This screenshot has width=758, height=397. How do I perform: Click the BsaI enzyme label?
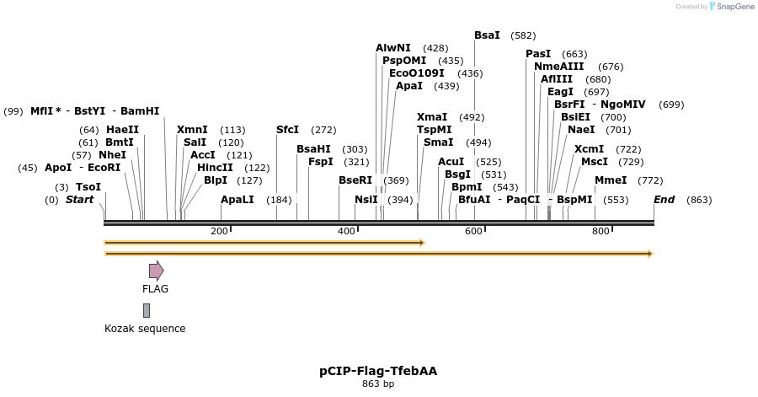[x=487, y=35]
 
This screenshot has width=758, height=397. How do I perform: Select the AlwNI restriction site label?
[x=393, y=48]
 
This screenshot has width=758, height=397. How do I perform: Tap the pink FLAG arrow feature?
[x=156, y=271]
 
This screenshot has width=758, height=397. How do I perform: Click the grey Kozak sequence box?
[x=147, y=310]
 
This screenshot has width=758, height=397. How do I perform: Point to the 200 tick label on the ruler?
[x=219, y=231]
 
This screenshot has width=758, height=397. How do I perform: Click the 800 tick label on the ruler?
[x=600, y=231]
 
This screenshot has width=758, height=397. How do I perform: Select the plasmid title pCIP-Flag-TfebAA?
[x=378, y=371]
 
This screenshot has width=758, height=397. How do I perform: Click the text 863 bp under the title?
[x=378, y=384]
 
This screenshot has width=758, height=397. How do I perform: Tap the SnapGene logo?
[x=732, y=7]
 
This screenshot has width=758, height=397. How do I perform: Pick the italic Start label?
[x=79, y=200]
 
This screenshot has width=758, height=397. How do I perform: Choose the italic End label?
[x=664, y=200]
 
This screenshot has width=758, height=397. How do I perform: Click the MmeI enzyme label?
[x=611, y=180]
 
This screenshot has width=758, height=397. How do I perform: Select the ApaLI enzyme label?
[x=237, y=200]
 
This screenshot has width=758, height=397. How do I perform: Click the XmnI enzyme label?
[x=192, y=130]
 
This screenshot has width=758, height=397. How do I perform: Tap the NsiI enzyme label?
[x=366, y=200]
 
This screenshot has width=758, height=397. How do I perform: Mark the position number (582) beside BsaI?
[x=523, y=35]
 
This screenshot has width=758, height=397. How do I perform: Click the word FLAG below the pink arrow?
[x=155, y=289]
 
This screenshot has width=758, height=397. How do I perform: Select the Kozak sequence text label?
[x=145, y=329]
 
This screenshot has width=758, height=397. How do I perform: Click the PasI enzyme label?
[x=538, y=54]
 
